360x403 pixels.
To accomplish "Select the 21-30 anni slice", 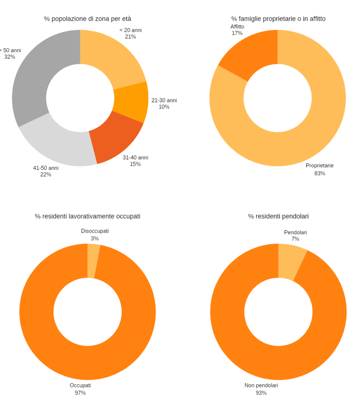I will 132,102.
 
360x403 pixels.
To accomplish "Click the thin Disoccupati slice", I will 93,260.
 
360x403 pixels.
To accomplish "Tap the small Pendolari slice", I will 291,262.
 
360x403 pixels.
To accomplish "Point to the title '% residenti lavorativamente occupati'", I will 88,216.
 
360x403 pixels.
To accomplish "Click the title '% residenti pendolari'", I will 278,216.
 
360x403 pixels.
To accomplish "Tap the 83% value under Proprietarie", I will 320,173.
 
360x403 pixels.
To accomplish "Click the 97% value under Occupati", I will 80,392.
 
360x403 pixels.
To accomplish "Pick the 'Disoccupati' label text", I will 95,231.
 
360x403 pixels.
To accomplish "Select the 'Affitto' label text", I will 237,27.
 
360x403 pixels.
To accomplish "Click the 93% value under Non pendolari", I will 261,392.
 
